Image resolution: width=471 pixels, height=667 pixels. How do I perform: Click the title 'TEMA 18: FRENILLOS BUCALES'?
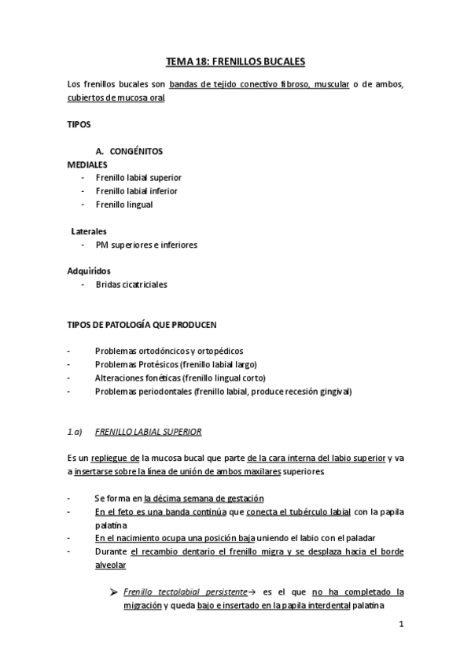(x=235, y=60)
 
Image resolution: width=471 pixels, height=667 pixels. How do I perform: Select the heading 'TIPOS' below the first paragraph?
(x=79, y=124)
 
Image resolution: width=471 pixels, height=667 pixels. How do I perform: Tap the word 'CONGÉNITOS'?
(x=136, y=151)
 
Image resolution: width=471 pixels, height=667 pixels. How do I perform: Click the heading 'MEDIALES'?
(x=86, y=164)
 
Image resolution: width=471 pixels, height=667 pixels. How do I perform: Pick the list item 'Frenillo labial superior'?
(x=138, y=178)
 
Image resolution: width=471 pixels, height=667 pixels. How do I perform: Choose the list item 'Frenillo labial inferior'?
(x=136, y=191)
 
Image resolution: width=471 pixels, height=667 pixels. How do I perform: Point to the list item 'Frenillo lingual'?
(x=123, y=205)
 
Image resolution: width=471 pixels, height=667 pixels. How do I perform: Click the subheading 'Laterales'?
(x=89, y=231)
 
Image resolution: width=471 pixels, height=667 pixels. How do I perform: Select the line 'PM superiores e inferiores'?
(x=146, y=245)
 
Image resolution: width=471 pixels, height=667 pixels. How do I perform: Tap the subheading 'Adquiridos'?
(x=89, y=271)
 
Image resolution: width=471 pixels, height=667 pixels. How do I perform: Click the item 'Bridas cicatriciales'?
(x=131, y=285)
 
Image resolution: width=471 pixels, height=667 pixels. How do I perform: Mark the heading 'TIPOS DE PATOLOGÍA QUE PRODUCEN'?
(x=142, y=325)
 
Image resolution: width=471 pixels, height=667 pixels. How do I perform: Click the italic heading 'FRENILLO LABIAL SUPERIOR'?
(x=148, y=431)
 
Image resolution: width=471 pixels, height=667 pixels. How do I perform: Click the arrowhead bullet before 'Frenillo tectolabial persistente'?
(x=116, y=591)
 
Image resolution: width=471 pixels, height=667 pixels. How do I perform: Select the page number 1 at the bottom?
(x=401, y=625)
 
